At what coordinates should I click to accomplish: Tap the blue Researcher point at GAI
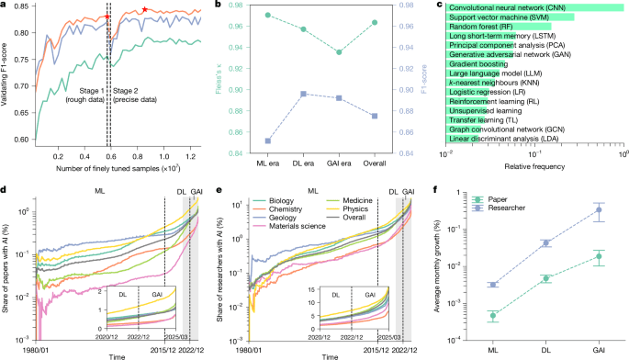[x=599, y=210]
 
